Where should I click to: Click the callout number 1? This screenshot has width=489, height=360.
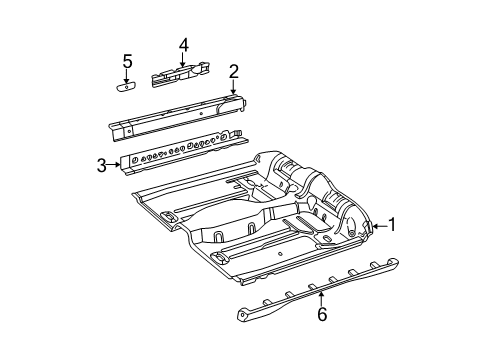point(392,253)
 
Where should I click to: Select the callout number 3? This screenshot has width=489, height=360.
point(102,165)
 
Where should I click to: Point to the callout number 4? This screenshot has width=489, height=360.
point(183,45)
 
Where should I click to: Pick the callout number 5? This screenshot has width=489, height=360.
point(127,62)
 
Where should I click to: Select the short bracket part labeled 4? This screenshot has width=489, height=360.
point(180,73)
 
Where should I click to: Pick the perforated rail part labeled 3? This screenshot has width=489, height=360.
point(180,153)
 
